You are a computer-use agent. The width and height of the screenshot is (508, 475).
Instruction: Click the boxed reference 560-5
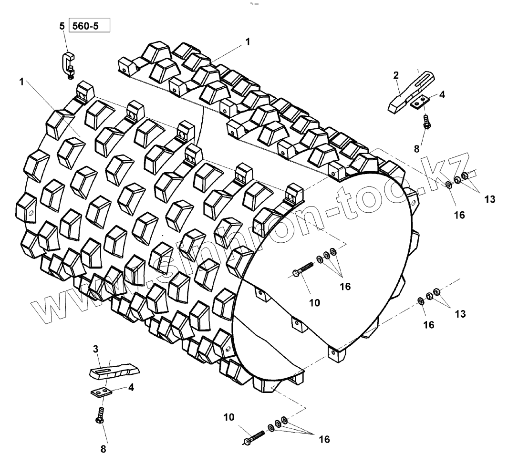pyautogui.click(x=90, y=25)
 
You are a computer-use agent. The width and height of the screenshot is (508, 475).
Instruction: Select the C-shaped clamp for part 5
pyautogui.click(x=67, y=62)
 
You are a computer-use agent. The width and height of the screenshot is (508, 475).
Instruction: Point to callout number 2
pyautogui.click(x=396, y=75)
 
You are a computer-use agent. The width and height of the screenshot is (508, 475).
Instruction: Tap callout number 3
pyautogui.click(x=95, y=349)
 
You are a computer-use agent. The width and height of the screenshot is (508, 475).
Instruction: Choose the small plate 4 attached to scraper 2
pyautogui.click(x=419, y=102)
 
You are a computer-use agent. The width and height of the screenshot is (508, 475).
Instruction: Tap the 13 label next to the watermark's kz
pyautogui.click(x=489, y=199)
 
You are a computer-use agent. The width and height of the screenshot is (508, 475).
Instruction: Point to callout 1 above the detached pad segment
pyautogui.click(x=248, y=41)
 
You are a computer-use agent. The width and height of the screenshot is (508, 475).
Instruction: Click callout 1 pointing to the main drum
pyautogui.click(x=21, y=82)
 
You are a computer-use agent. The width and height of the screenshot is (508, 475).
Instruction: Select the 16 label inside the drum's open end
pyautogui.click(x=345, y=286)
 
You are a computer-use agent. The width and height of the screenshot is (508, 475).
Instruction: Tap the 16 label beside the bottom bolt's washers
pyautogui.click(x=324, y=439)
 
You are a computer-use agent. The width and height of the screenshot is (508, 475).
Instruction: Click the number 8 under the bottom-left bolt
pyautogui.click(x=104, y=449)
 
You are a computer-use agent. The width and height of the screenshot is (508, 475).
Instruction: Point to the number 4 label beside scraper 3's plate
pyautogui.click(x=131, y=387)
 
